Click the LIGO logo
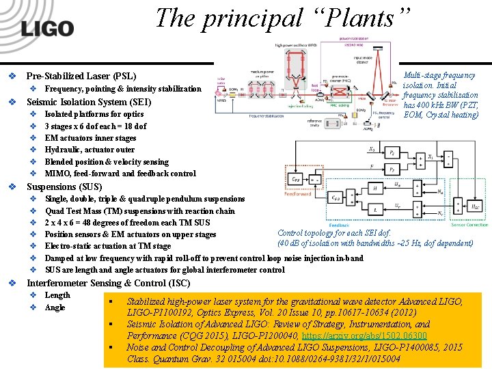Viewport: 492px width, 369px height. tap(46, 29)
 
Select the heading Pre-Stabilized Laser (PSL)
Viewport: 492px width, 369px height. tap(81, 76)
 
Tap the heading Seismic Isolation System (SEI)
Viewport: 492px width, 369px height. tap(87, 102)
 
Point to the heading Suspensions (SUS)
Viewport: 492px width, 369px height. tap(64, 187)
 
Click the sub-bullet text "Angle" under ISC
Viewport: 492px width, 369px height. tap(55, 307)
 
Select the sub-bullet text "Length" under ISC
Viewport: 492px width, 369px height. tap(57, 295)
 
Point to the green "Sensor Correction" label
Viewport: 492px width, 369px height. tap(469, 225)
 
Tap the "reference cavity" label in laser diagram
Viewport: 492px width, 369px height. tap(314, 122)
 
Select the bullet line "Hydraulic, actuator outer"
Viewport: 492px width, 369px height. tap(90, 150)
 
